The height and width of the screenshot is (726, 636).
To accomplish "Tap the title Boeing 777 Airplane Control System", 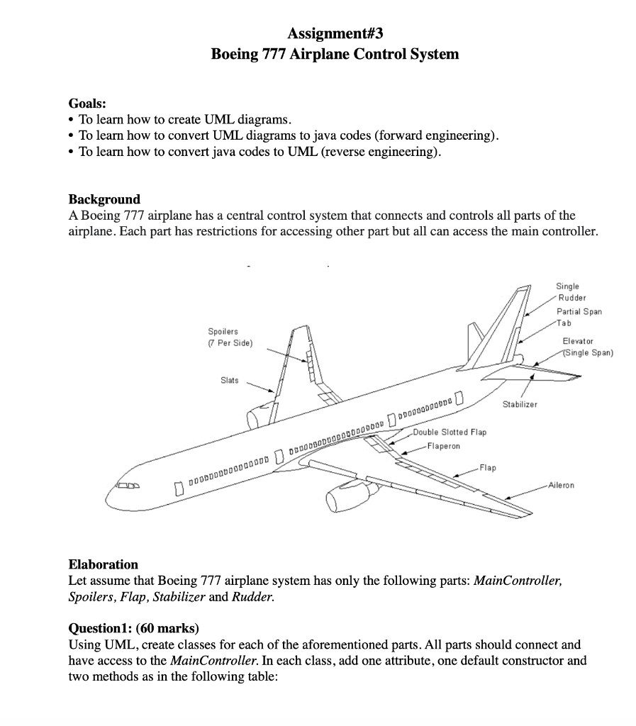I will point(335,54).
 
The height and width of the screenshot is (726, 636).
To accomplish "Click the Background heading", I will point(104,199).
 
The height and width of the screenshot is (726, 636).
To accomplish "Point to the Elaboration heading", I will point(104,564).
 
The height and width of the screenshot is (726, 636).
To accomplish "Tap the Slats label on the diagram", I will point(229,381).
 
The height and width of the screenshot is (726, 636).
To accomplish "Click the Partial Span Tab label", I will point(579,316).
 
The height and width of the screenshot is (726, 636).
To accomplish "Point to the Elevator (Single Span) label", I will point(586,347).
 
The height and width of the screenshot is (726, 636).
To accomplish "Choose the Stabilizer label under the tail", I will point(520,404).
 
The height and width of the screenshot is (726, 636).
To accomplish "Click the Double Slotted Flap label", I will point(450,432).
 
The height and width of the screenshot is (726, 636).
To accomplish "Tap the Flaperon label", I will point(442,446).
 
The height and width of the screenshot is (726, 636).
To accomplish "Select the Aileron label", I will point(561,486).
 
